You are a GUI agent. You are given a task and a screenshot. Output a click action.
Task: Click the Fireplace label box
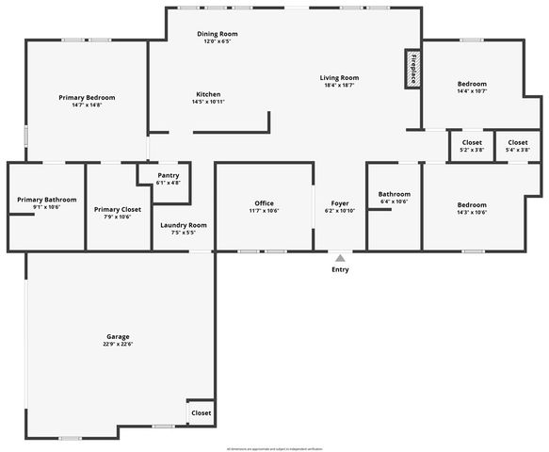(x=412, y=68)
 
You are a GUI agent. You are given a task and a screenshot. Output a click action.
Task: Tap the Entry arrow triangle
(x=340, y=256)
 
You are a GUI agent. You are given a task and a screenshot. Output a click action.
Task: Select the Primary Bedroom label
(x=87, y=97)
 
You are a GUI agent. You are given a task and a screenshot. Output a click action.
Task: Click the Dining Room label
(x=217, y=34)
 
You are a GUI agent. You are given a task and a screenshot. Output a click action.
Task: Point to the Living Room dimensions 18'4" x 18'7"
(x=339, y=86)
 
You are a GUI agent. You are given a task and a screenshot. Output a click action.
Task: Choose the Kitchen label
(x=208, y=94)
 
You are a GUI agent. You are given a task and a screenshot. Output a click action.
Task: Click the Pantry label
(x=168, y=175)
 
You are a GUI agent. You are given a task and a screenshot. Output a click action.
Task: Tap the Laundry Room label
(x=184, y=225)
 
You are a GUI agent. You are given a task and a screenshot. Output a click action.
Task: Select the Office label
(x=264, y=203)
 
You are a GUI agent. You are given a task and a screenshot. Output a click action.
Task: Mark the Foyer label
(x=339, y=203)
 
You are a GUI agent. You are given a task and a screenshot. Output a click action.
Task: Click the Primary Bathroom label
(x=46, y=200)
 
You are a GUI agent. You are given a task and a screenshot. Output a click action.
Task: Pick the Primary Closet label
(x=118, y=209)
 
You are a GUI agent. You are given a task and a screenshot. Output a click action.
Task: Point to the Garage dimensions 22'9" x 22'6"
(x=118, y=345)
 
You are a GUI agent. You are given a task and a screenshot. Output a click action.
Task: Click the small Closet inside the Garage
(x=202, y=412)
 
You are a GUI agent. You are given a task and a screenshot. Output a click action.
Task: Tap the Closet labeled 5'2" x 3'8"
(x=472, y=142)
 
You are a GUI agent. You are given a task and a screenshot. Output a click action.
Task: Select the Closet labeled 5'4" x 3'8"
(x=518, y=142)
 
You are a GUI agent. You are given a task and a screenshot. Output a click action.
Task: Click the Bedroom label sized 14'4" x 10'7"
(x=472, y=84)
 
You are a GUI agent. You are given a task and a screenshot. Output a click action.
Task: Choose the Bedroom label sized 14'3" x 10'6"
(x=472, y=205)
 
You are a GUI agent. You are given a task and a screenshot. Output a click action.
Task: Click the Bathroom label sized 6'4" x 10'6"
(x=395, y=194)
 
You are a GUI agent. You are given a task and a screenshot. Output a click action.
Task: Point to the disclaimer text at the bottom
(x=274, y=448)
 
